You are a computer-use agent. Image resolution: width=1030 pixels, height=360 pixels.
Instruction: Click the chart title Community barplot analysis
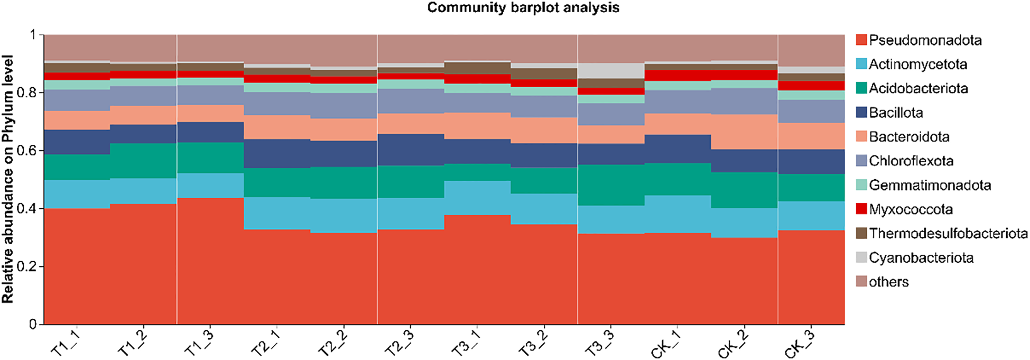click(x=523, y=8)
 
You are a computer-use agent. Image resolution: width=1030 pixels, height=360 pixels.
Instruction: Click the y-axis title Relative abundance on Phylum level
click(x=7, y=180)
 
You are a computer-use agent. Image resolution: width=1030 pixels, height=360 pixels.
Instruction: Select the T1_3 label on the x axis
click(x=199, y=343)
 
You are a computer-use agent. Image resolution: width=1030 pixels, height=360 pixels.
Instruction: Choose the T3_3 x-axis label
click(x=600, y=343)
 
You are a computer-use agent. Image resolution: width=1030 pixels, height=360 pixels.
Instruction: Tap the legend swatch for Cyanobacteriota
click(x=861, y=257)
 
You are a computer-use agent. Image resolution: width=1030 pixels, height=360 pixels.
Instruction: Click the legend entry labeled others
click(x=888, y=282)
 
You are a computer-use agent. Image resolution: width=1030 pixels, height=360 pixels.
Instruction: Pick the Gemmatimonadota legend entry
click(x=930, y=186)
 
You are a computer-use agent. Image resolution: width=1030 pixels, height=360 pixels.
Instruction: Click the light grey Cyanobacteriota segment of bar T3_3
click(x=610, y=70)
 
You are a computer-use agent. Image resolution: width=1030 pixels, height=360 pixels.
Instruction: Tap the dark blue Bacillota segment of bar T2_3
click(x=411, y=150)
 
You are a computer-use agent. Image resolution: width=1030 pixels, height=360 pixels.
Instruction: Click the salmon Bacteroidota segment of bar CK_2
click(x=744, y=132)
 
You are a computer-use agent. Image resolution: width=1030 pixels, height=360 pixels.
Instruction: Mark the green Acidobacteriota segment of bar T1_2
click(x=143, y=161)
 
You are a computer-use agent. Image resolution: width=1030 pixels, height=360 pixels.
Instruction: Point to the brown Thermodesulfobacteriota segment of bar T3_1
click(x=477, y=68)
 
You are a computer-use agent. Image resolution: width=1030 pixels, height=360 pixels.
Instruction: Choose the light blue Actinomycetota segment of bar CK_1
click(x=678, y=214)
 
